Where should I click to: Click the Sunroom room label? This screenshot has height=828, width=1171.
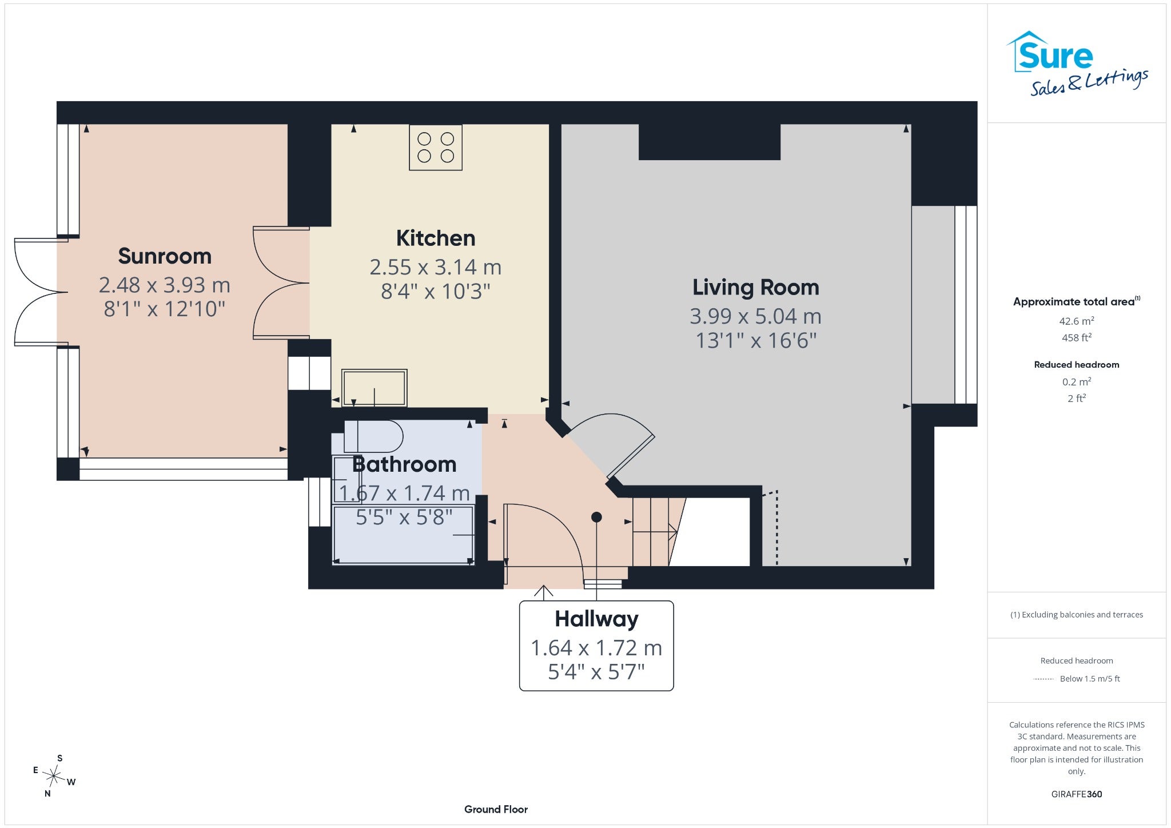point(165,256)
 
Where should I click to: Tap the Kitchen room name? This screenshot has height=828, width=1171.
point(436,238)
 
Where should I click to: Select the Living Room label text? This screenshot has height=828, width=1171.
point(756,288)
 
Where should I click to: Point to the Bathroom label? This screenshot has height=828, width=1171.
point(404,464)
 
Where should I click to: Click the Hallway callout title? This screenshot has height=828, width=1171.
point(596,619)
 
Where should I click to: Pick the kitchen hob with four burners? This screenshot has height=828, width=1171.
point(436,148)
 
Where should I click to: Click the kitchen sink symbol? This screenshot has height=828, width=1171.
point(375,388)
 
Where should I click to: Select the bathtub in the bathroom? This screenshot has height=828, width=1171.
point(404,535)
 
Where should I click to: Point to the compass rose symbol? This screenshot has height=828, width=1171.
point(54,776)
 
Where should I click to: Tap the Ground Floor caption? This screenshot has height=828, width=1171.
point(496,809)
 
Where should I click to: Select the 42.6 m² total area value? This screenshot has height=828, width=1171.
point(1077,321)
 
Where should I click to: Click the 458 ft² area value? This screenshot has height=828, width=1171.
point(1077,337)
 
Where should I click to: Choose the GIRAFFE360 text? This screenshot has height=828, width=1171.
point(1077,794)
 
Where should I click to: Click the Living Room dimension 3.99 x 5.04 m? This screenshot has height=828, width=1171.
point(756,316)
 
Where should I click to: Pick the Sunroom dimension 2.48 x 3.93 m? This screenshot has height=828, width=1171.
point(165,285)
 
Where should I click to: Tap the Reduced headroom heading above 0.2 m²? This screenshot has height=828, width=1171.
point(1077,364)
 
